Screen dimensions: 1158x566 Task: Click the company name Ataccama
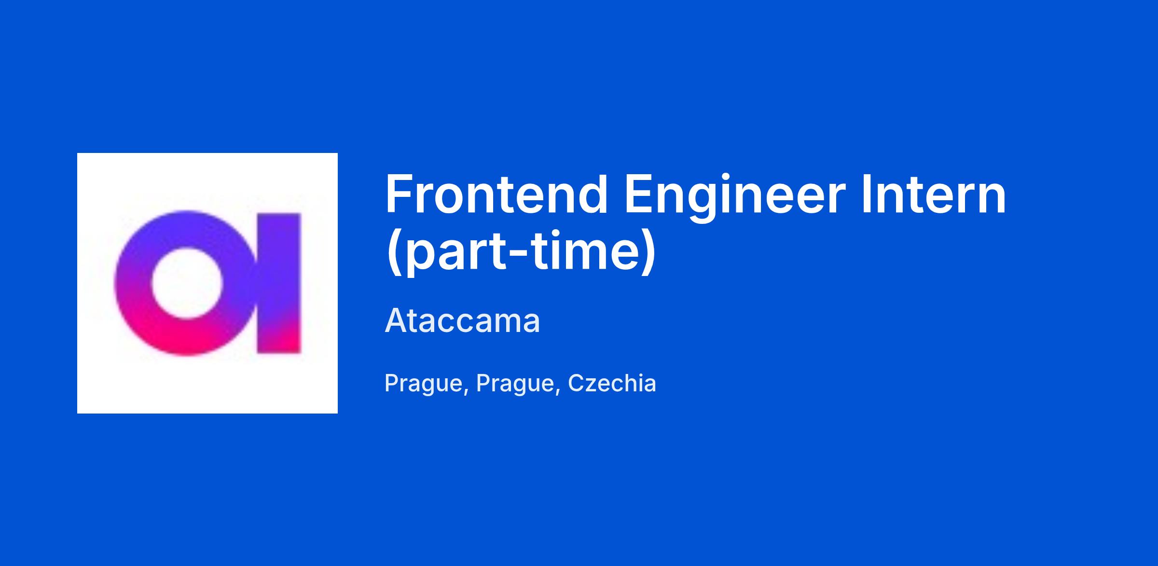pyautogui.click(x=462, y=321)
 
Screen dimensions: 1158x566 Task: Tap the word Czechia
pyautogui.click(x=612, y=383)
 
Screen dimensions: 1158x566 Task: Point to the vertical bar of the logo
pyautogui.click(x=278, y=283)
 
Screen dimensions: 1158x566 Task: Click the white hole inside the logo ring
pyautogui.click(x=187, y=283)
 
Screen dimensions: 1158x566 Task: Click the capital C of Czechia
pyautogui.click(x=577, y=383)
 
